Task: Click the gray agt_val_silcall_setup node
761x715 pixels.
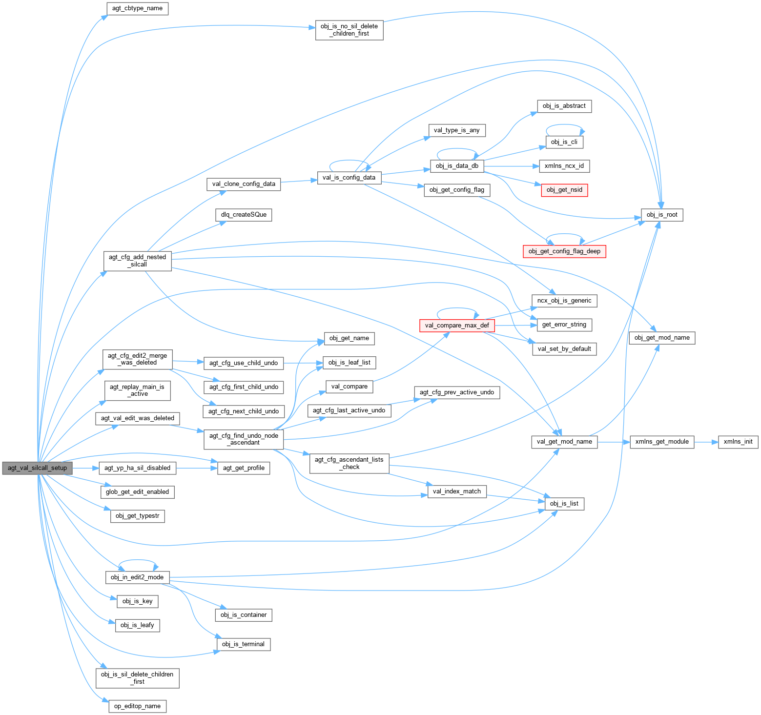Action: (37, 468)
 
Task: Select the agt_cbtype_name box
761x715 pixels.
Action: (137, 8)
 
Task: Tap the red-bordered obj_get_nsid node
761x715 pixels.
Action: (564, 190)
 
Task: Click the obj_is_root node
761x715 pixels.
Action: (662, 215)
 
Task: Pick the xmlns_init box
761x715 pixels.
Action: (738, 442)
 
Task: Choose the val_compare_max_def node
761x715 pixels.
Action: (457, 326)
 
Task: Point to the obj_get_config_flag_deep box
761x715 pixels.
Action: (564, 251)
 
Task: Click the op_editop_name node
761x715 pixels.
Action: (137, 706)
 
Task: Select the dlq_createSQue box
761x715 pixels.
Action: (244, 215)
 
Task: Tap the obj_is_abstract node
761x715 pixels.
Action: (564, 106)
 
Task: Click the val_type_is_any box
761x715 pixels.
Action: (457, 130)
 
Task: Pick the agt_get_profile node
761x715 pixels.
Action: (244, 468)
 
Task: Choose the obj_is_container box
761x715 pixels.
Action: (244, 615)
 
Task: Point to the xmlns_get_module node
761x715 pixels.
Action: (662, 442)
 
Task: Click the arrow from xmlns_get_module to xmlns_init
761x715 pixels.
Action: (706, 442)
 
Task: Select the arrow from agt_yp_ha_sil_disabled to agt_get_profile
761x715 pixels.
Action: (196, 468)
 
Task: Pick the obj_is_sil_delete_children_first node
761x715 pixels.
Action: (137, 678)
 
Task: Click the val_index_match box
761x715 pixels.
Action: (457, 491)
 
